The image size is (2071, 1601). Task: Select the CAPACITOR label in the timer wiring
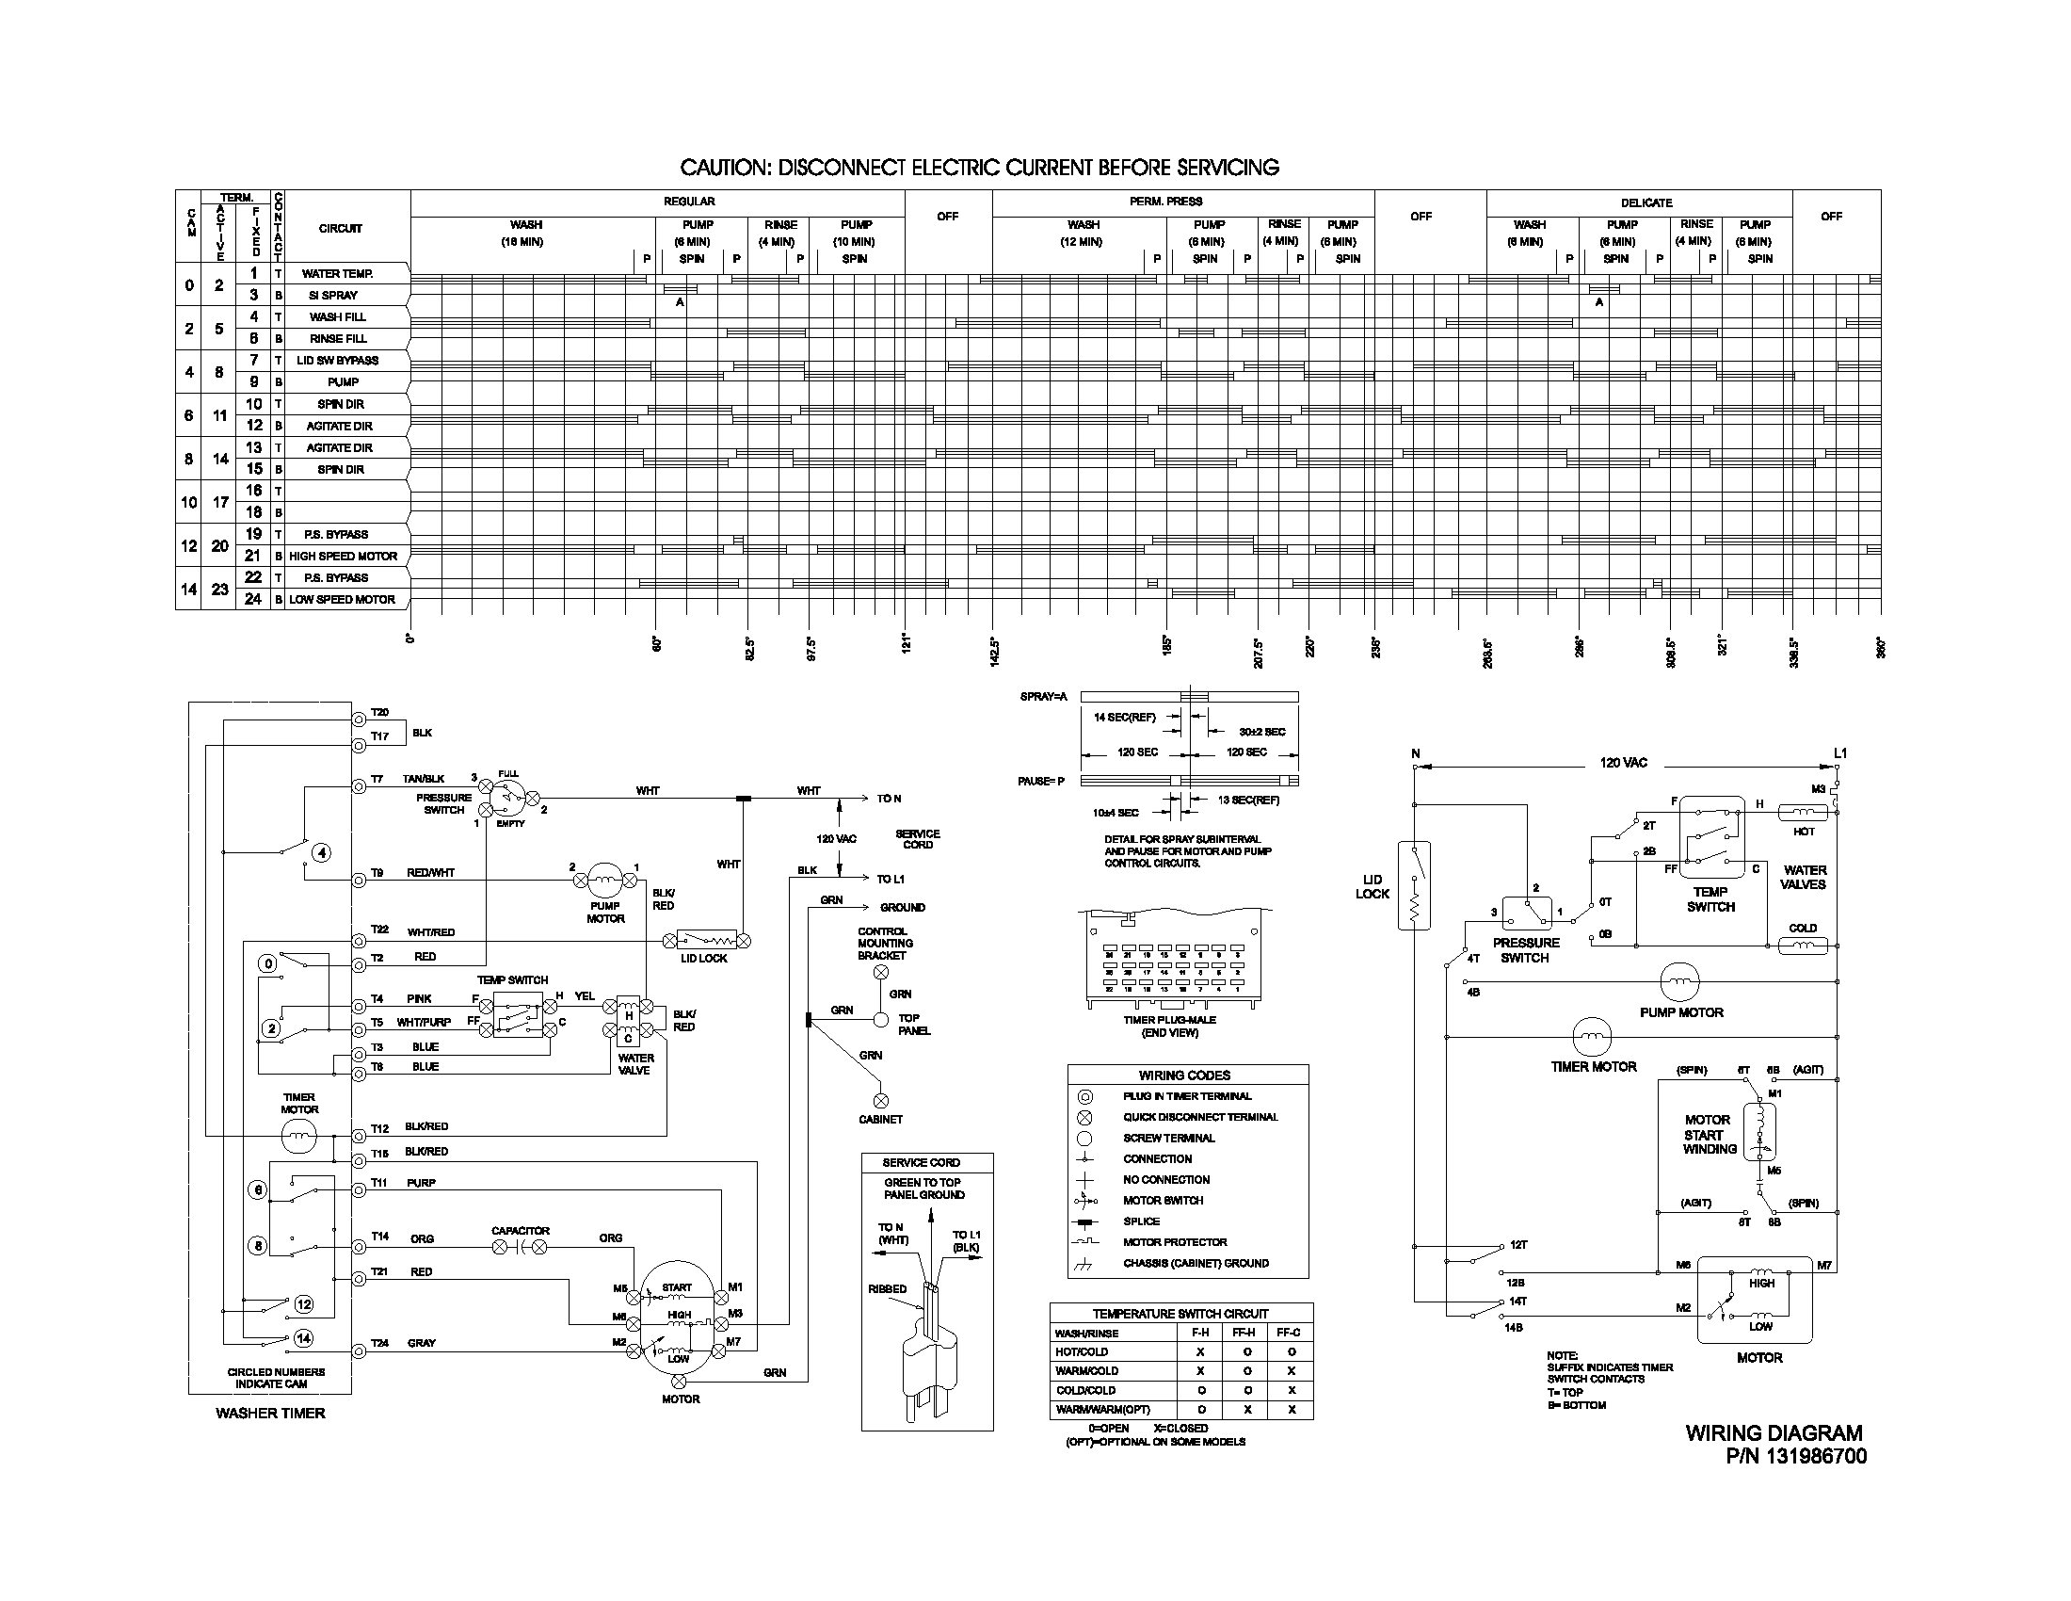[520, 1231]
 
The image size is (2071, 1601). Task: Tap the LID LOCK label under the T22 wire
[703, 959]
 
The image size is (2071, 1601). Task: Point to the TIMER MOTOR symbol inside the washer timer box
[298, 1136]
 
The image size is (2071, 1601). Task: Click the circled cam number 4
[322, 852]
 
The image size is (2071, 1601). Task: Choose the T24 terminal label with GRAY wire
[379, 1343]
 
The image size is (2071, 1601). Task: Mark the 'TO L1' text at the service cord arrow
[890, 880]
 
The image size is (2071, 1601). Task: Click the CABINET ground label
[880, 1119]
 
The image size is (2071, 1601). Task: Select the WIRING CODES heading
[1184, 1075]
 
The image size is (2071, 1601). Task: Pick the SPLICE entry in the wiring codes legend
[1141, 1221]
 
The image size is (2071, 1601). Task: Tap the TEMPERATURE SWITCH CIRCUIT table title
[1180, 1314]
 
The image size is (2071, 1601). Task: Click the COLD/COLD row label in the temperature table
[1085, 1390]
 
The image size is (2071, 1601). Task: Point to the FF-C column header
[1289, 1333]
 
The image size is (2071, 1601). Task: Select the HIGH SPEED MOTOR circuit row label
[344, 557]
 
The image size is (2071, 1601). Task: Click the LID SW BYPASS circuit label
[338, 361]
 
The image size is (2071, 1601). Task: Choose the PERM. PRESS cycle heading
[1165, 202]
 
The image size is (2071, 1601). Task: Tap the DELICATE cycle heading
[1646, 203]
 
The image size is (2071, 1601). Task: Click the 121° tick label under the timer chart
[907, 645]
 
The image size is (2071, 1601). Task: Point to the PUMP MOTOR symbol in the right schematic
[1680, 982]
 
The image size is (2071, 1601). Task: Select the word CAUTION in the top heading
[724, 168]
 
